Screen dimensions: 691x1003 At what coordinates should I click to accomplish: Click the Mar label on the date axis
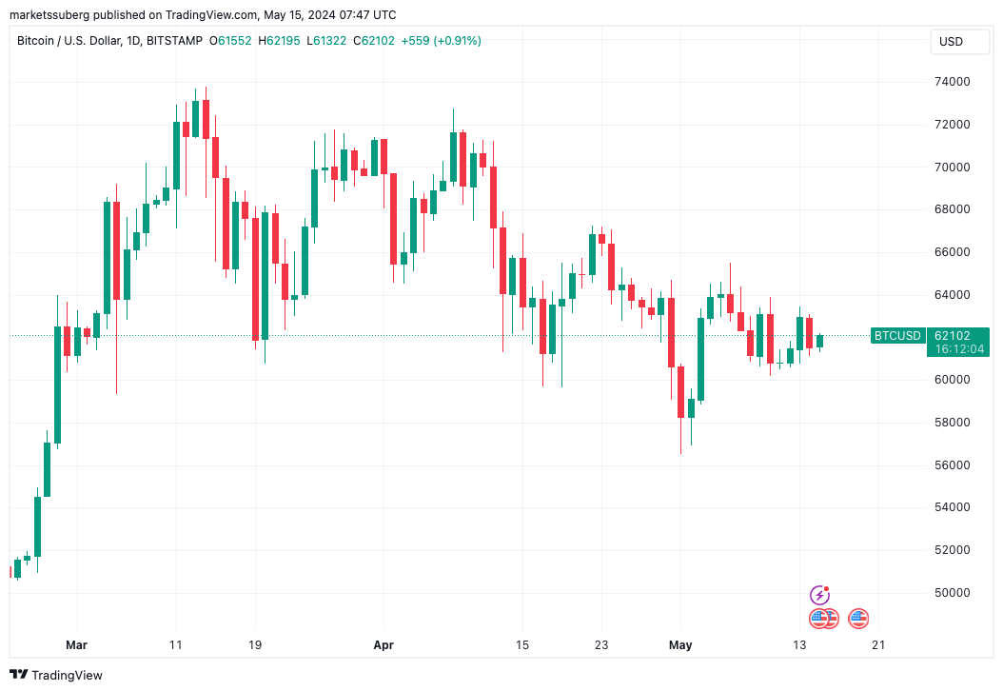(x=76, y=645)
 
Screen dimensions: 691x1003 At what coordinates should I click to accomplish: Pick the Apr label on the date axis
(x=383, y=645)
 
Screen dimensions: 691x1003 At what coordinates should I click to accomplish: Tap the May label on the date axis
(x=680, y=645)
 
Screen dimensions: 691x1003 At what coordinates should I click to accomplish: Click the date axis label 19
(x=254, y=645)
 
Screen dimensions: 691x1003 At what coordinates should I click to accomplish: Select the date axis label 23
(x=601, y=645)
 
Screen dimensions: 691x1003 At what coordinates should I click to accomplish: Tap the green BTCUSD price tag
(x=897, y=335)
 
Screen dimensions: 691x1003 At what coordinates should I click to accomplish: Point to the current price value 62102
(x=953, y=335)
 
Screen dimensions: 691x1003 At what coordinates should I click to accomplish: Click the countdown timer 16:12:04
(x=959, y=349)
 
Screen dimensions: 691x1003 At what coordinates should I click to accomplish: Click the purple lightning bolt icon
(x=819, y=596)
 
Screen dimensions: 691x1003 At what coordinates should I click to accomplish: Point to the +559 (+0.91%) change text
(x=442, y=41)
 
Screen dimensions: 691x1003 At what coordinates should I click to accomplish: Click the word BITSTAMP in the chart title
(x=175, y=41)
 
